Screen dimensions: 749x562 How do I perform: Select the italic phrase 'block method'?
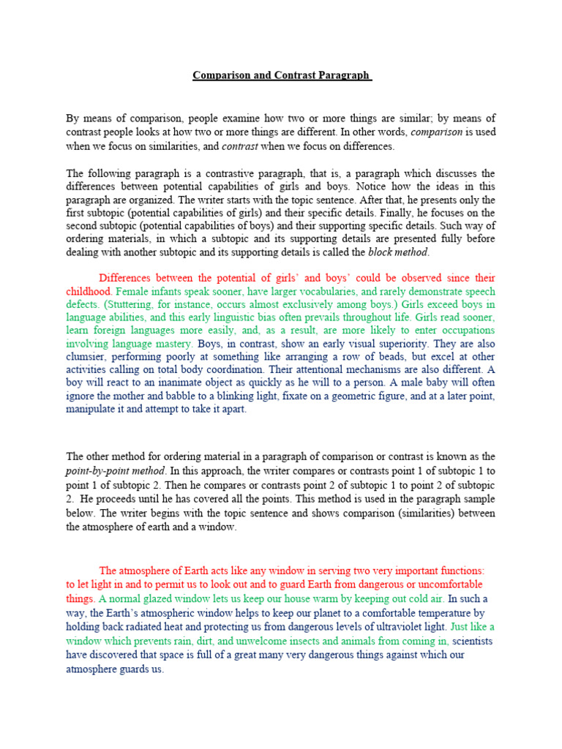399,252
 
